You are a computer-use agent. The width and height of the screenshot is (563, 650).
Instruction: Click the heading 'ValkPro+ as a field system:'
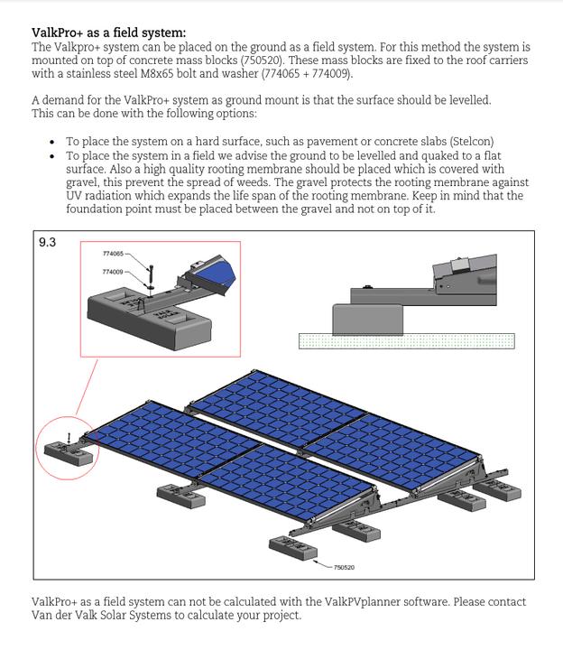[108, 33]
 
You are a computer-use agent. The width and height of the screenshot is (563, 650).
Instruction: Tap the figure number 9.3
[47, 242]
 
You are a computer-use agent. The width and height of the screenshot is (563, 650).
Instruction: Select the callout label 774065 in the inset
[113, 254]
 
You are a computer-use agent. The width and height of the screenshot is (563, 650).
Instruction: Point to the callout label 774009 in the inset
[113, 271]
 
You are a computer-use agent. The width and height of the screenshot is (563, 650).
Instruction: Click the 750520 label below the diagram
[344, 567]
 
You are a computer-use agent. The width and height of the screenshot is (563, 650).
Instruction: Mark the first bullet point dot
[52, 143]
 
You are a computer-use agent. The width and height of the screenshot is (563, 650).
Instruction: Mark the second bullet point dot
[52, 156]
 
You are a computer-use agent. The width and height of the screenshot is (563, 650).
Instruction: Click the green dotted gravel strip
[406, 340]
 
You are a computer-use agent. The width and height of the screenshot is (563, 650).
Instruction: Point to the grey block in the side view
[367, 318]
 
